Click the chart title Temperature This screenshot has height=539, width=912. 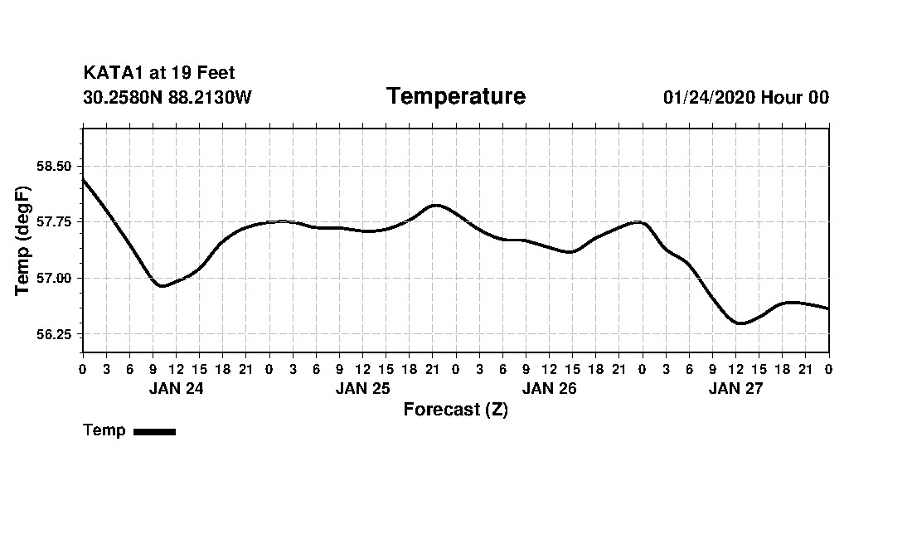tap(455, 97)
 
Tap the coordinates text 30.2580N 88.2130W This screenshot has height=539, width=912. tap(167, 98)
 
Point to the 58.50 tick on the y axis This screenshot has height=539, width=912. tap(55, 166)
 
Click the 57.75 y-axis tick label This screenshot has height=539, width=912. tap(55, 222)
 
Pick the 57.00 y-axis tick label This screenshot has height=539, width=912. tap(55, 278)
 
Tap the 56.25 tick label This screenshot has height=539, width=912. tap(55, 334)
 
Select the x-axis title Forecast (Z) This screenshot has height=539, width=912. tap(455, 410)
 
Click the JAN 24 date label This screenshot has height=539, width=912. tap(176, 389)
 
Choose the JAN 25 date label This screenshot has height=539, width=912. tap(362, 389)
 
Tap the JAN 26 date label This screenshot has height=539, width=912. tap(549, 389)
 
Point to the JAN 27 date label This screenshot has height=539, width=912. tap(735, 389)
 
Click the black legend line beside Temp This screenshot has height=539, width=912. tap(154, 431)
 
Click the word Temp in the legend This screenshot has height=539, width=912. tap(104, 430)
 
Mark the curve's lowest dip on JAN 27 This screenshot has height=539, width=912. tap(740, 323)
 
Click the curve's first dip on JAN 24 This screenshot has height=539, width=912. tap(163, 286)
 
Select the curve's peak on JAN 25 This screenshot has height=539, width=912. tap(436, 205)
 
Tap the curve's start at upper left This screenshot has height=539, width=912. tap(84, 179)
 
